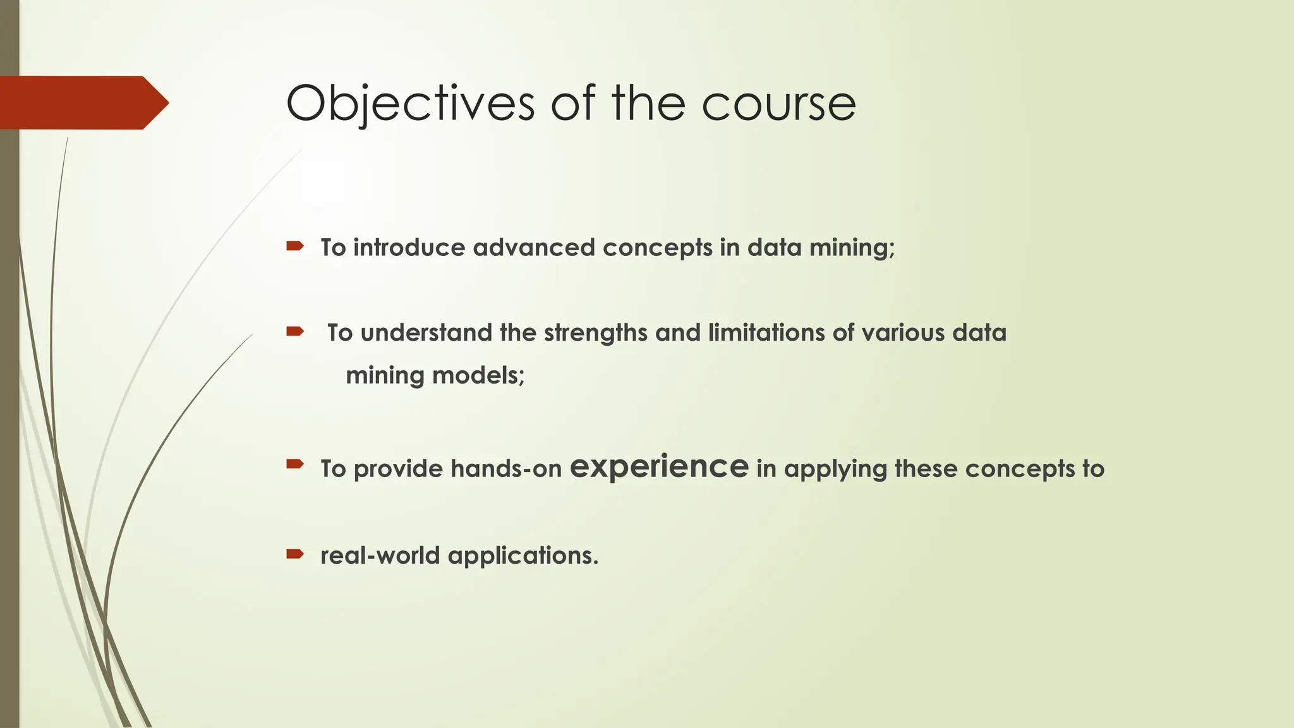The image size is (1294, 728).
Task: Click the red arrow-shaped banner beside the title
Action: [82, 103]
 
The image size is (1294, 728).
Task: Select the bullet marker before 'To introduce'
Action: [295, 246]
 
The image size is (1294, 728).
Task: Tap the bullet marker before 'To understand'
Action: [295, 331]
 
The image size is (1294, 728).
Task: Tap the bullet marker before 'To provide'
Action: [295, 465]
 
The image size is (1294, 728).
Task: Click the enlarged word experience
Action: [659, 467]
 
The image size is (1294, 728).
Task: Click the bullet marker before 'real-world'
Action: [295, 554]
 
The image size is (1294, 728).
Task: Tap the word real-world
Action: [380, 555]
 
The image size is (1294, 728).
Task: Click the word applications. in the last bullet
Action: [523, 556]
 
